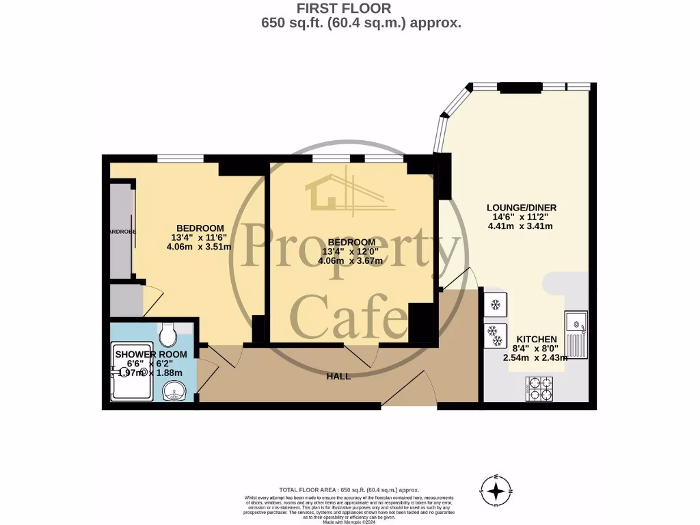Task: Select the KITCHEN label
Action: [x=536, y=339]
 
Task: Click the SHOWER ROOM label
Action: [x=150, y=354]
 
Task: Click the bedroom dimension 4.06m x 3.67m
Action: [x=351, y=260]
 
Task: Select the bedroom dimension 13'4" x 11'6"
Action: [x=200, y=237]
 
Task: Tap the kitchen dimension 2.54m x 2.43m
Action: [x=536, y=357]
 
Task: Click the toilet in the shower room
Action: [x=167, y=335]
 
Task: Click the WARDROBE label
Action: [x=122, y=232]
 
